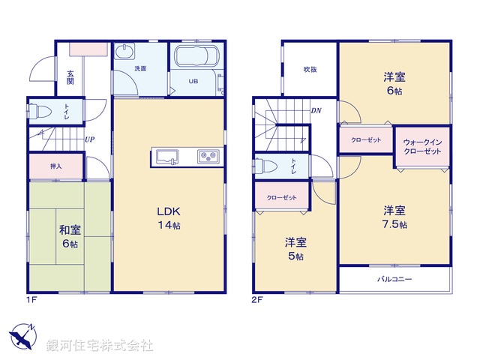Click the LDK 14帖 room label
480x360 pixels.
pyautogui.click(x=169, y=217)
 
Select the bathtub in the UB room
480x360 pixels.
pyautogui.click(x=195, y=58)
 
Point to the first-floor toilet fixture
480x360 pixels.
pyautogui.click(x=43, y=113)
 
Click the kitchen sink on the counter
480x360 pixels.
pyautogui.click(x=166, y=157)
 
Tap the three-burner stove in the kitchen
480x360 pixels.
pyautogui.click(x=207, y=157)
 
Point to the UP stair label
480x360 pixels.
pyautogui.click(x=89, y=139)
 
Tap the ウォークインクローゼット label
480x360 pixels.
pyautogui.click(x=422, y=145)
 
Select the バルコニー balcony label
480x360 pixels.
pyautogui.click(x=394, y=280)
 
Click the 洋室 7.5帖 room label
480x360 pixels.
pyautogui.click(x=394, y=217)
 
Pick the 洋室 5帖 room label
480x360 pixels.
pyautogui.click(x=295, y=249)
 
